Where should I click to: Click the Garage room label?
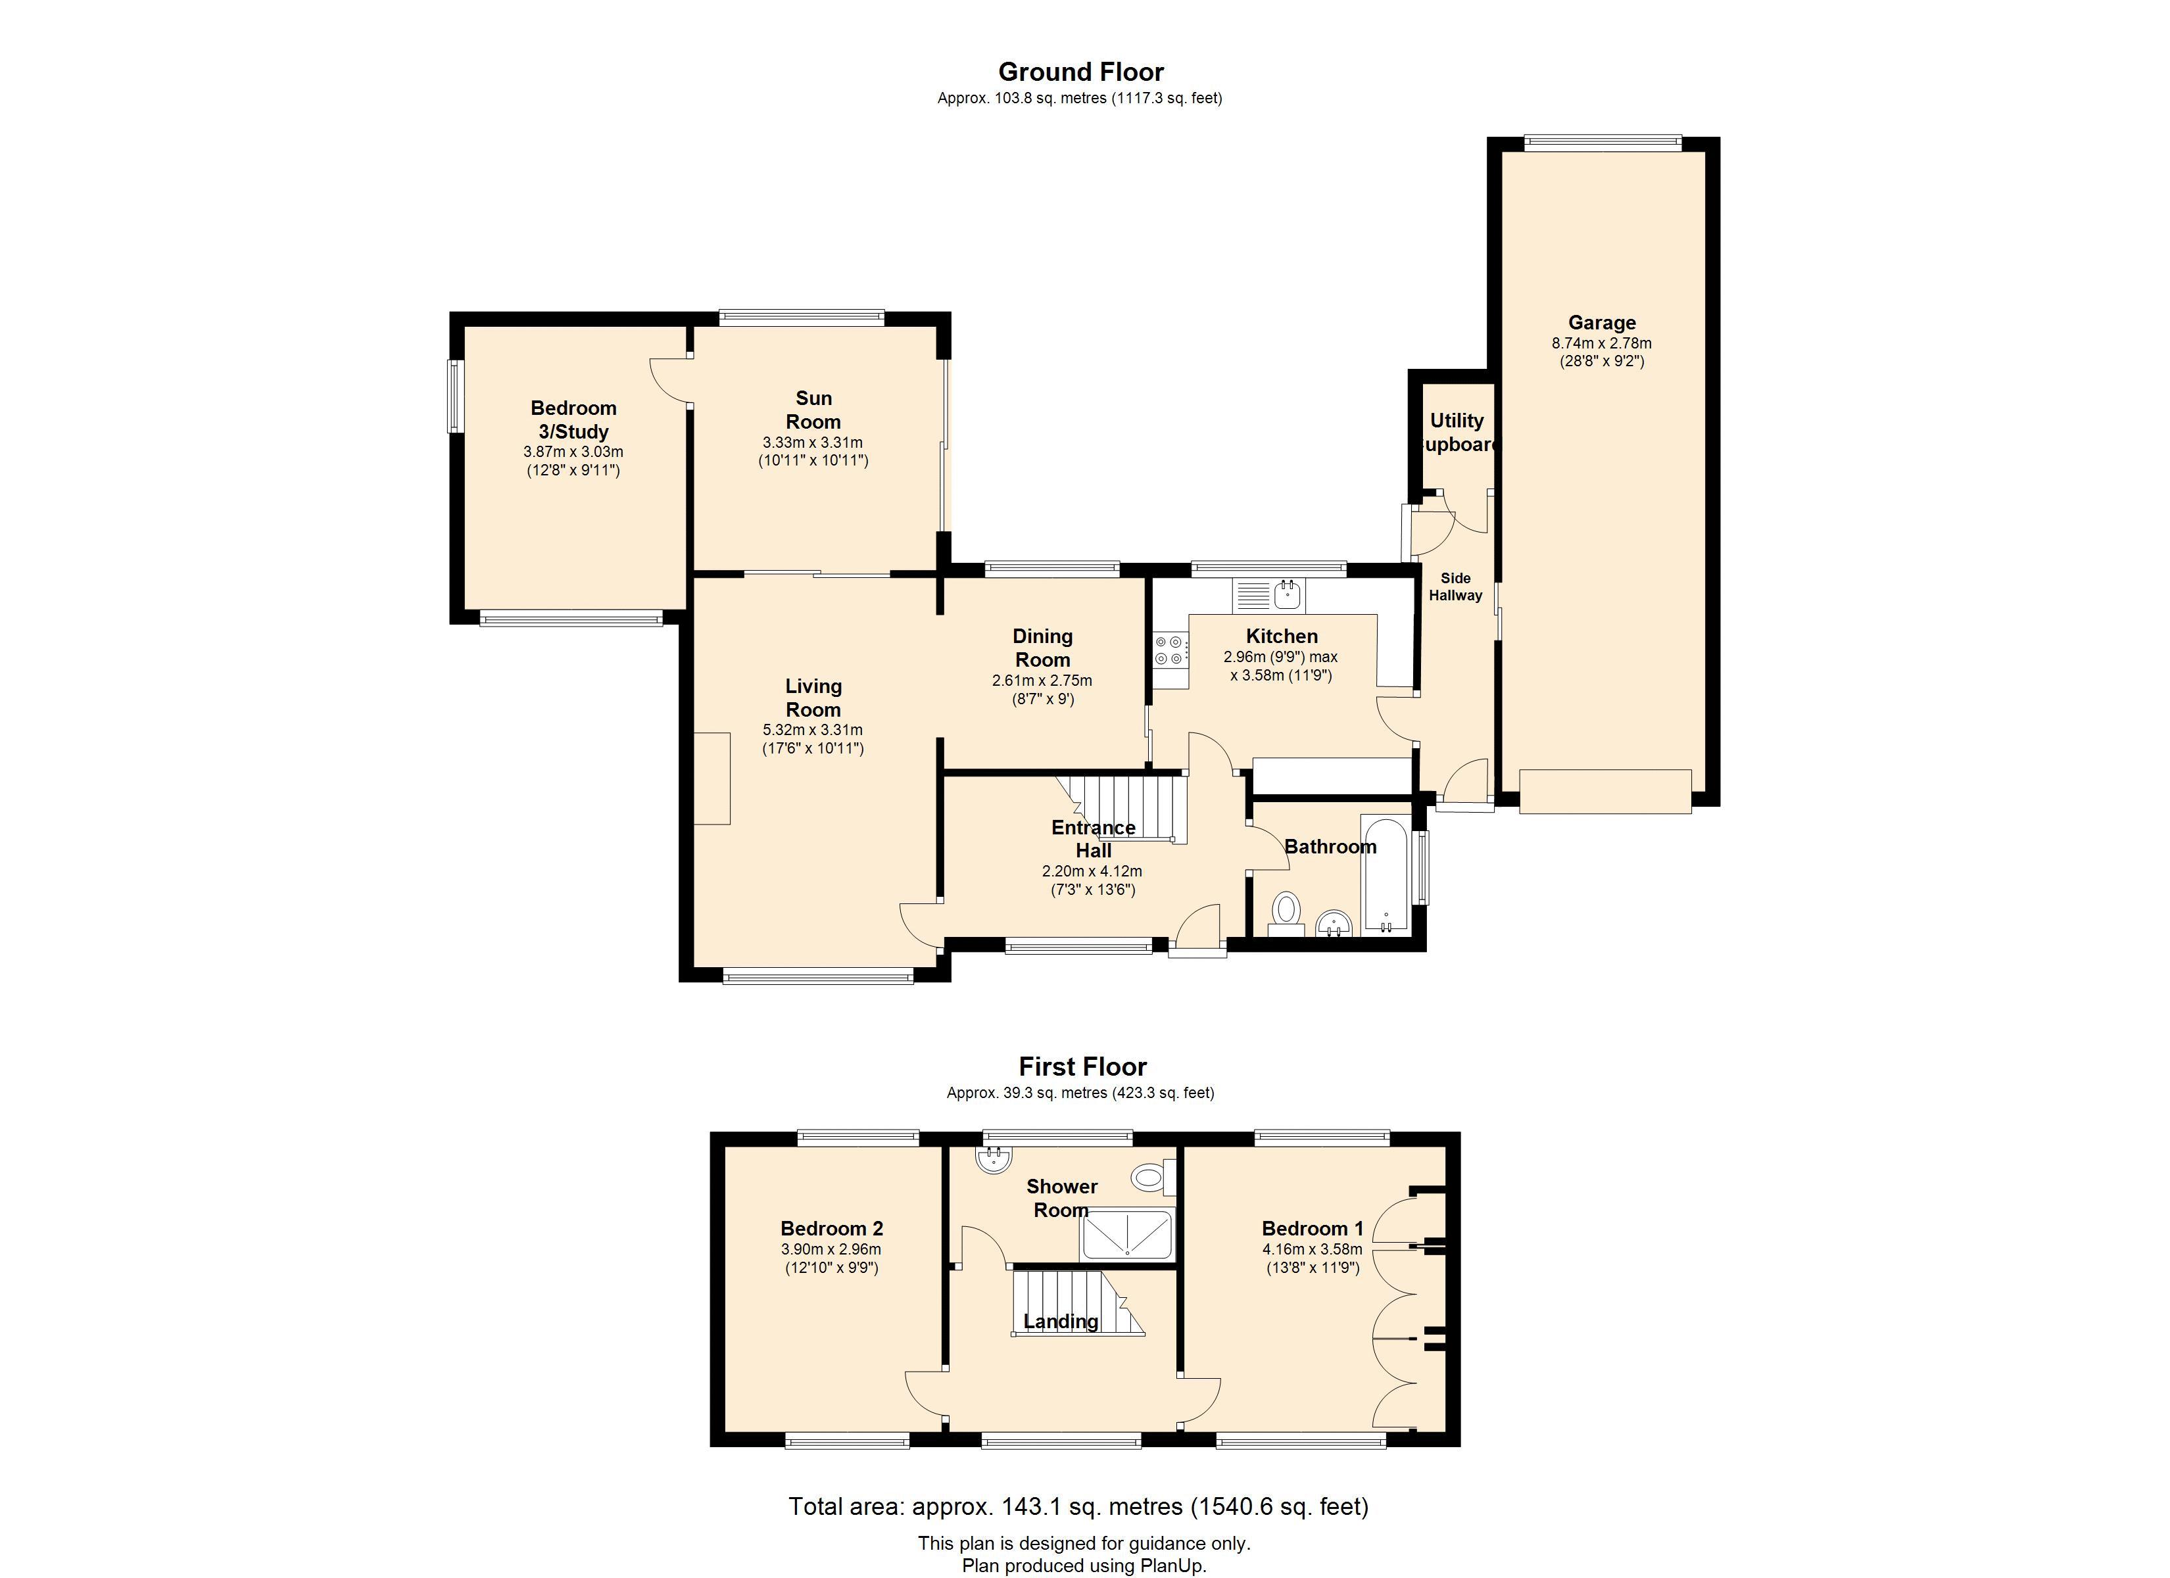click(x=1602, y=322)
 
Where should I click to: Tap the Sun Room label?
click(x=813, y=410)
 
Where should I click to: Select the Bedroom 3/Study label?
click(x=573, y=419)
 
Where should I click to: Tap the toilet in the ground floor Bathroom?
click(x=1286, y=914)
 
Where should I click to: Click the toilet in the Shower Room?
click(x=1153, y=1176)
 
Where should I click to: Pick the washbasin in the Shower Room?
click(x=995, y=1159)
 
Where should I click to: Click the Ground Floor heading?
click(x=1081, y=72)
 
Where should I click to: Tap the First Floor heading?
click(x=1082, y=1066)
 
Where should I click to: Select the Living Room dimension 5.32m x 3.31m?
click(x=812, y=729)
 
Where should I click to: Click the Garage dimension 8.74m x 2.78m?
click(x=1602, y=343)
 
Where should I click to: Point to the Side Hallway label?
click(x=1455, y=586)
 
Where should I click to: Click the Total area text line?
click(x=1078, y=1506)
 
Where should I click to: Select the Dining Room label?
click(x=1042, y=648)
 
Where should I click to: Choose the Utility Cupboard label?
click(x=1457, y=433)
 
